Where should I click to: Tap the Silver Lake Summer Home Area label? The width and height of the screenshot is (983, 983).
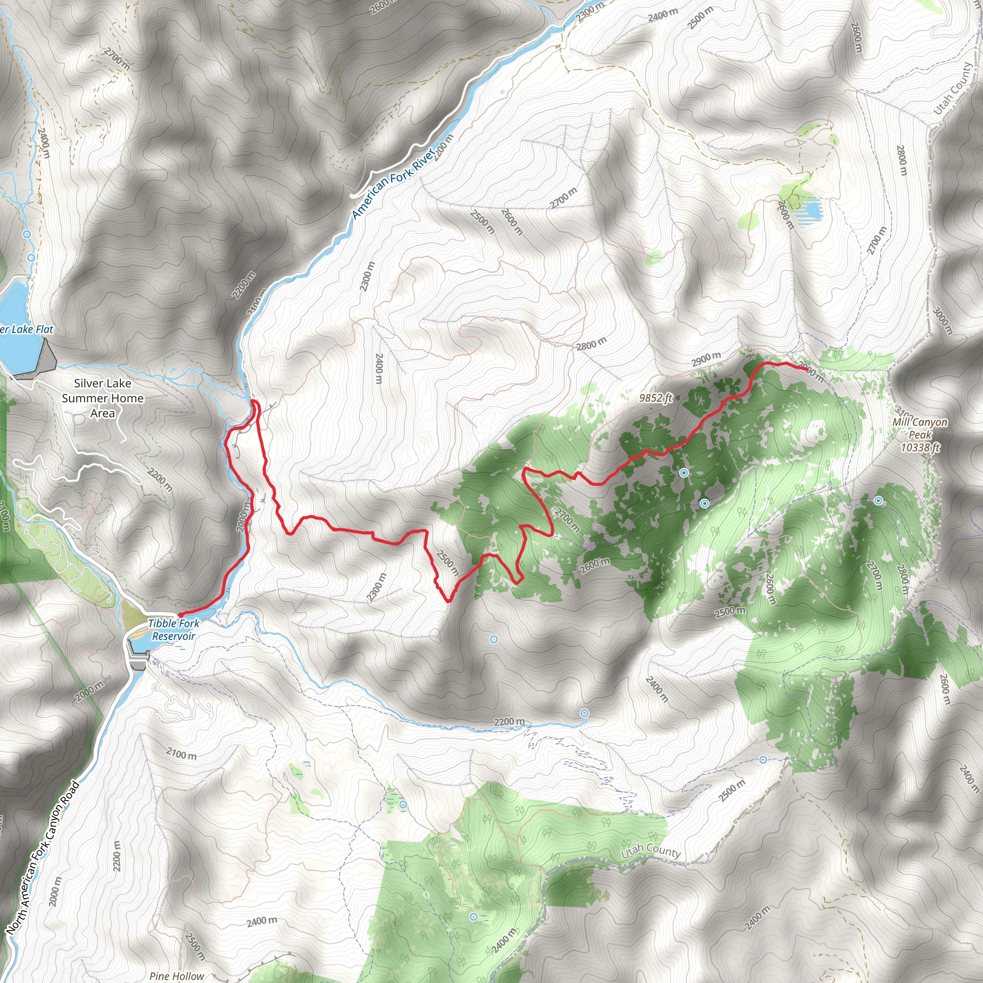click(103, 398)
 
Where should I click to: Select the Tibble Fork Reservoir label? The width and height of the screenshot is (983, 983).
click(173, 629)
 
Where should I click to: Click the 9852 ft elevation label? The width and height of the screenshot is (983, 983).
click(656, 398)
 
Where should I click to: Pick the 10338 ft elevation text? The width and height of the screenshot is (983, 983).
click(921, 448)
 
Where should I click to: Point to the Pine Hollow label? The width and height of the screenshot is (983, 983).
click(177, 976)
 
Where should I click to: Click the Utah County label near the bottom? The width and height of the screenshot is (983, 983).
click(651, 851)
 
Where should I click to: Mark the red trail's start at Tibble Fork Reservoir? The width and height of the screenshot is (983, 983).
click(180, 615)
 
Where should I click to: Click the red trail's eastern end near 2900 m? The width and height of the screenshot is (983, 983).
click(808, 368)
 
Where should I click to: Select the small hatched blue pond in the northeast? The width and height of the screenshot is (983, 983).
click(811, 210)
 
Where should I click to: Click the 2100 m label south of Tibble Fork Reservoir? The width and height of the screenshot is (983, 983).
click(181, 754)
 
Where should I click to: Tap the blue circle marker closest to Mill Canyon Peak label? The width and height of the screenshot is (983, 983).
click(878, 501)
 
